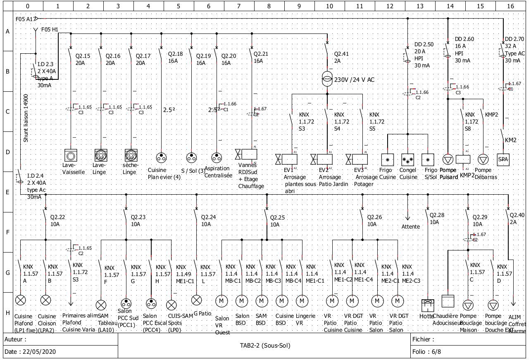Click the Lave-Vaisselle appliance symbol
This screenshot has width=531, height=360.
point(71,156)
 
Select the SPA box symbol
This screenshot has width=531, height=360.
point(503,159)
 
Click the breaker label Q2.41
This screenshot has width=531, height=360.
point(341,53)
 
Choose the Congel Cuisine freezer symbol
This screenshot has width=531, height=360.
point(408,159)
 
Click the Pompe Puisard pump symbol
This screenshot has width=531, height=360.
point(448,159)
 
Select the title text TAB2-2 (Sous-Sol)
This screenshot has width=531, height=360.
point(265,346)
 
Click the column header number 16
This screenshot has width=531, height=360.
point(511,6)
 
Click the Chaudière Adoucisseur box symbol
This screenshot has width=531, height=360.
point(448,301)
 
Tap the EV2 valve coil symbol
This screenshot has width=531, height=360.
point(326,159)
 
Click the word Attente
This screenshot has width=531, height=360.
point(410,226)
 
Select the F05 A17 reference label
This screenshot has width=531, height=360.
point(25,19)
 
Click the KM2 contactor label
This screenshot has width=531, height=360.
point(510,140)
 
